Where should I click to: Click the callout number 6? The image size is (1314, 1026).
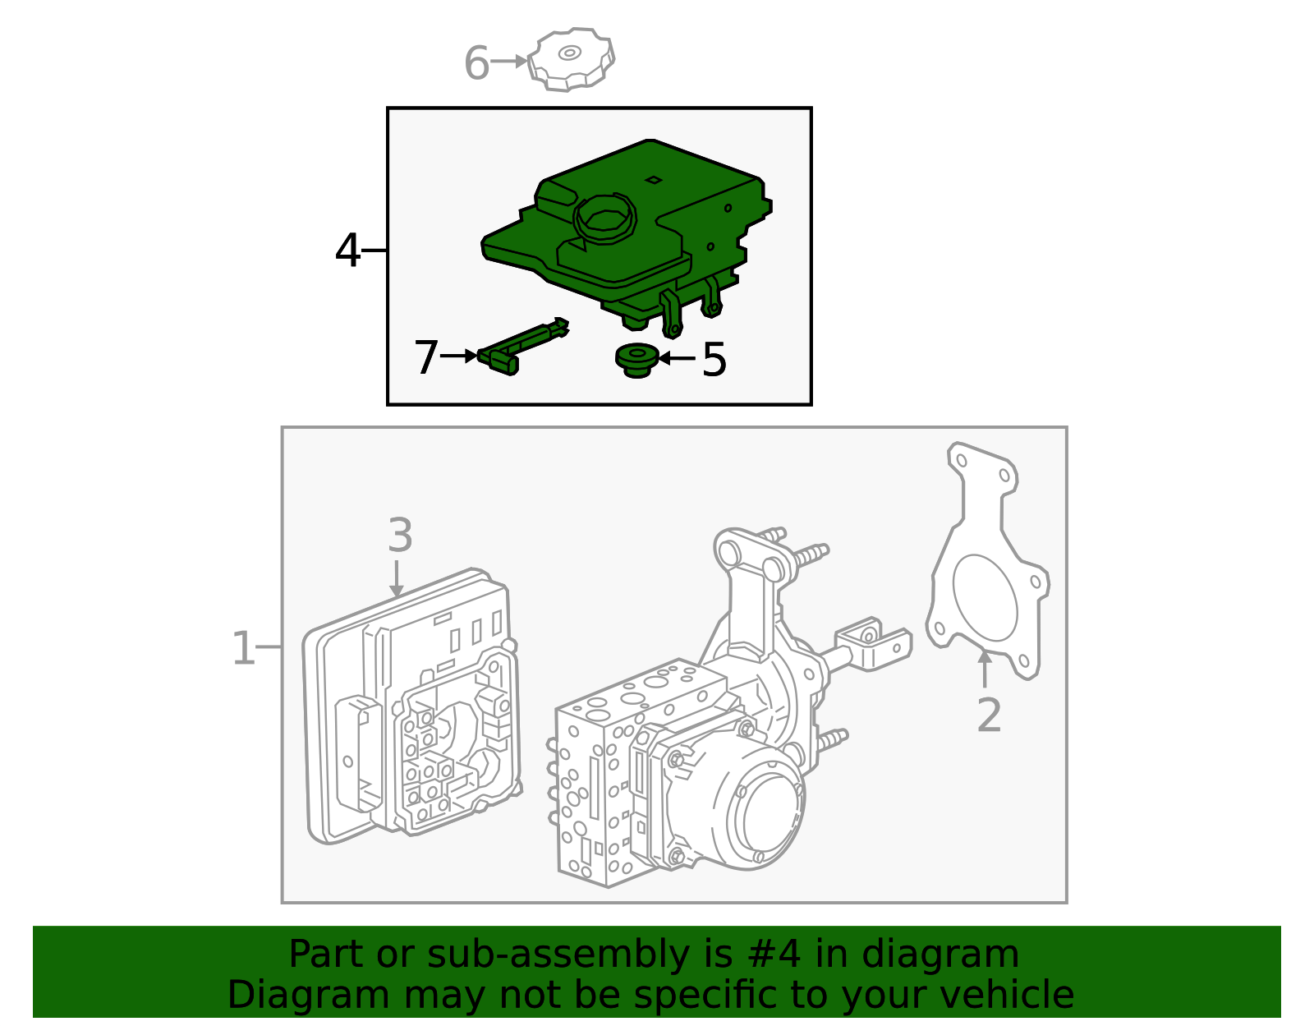[x=476, y=63]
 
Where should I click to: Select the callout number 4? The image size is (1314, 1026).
[x=347, y=251]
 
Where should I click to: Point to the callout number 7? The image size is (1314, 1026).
[x=426, y=357]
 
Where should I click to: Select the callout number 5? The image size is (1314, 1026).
[x=714, y=360]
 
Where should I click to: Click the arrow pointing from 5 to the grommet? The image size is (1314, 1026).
[x=676, y=358]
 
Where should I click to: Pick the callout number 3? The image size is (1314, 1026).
[x=400, y=536]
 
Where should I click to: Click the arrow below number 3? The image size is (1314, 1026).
[x=397, y=578]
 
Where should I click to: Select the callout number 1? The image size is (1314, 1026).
[x=243, y=649]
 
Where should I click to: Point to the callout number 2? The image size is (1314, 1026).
[x=989, y=715]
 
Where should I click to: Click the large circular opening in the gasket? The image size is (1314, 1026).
[x=985, y=597]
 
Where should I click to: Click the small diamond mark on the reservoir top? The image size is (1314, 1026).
[x=653, y=179]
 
